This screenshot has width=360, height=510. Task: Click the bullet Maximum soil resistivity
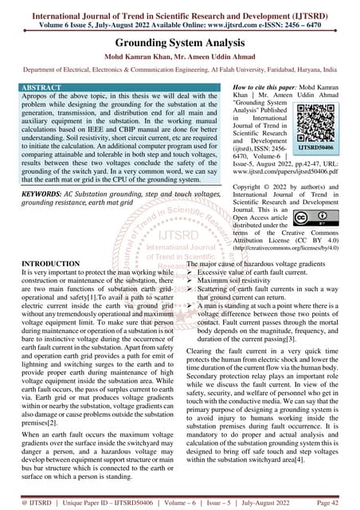point(235,280)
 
